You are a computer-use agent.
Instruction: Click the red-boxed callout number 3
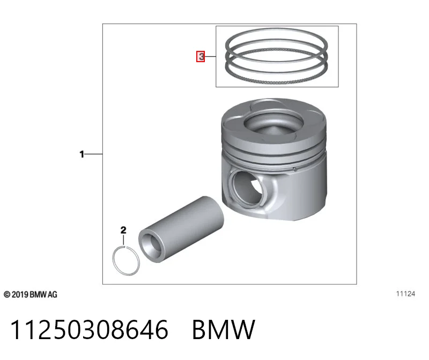[x=201, y=57]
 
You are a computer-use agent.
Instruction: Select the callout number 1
[x=82, y=154]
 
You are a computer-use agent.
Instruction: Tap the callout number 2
[x=123, y=230]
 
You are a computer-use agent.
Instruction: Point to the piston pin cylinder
[x=181, y=230]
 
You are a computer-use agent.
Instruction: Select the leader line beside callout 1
[x=93, y=154]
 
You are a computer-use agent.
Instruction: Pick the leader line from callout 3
[x=210, y=57]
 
